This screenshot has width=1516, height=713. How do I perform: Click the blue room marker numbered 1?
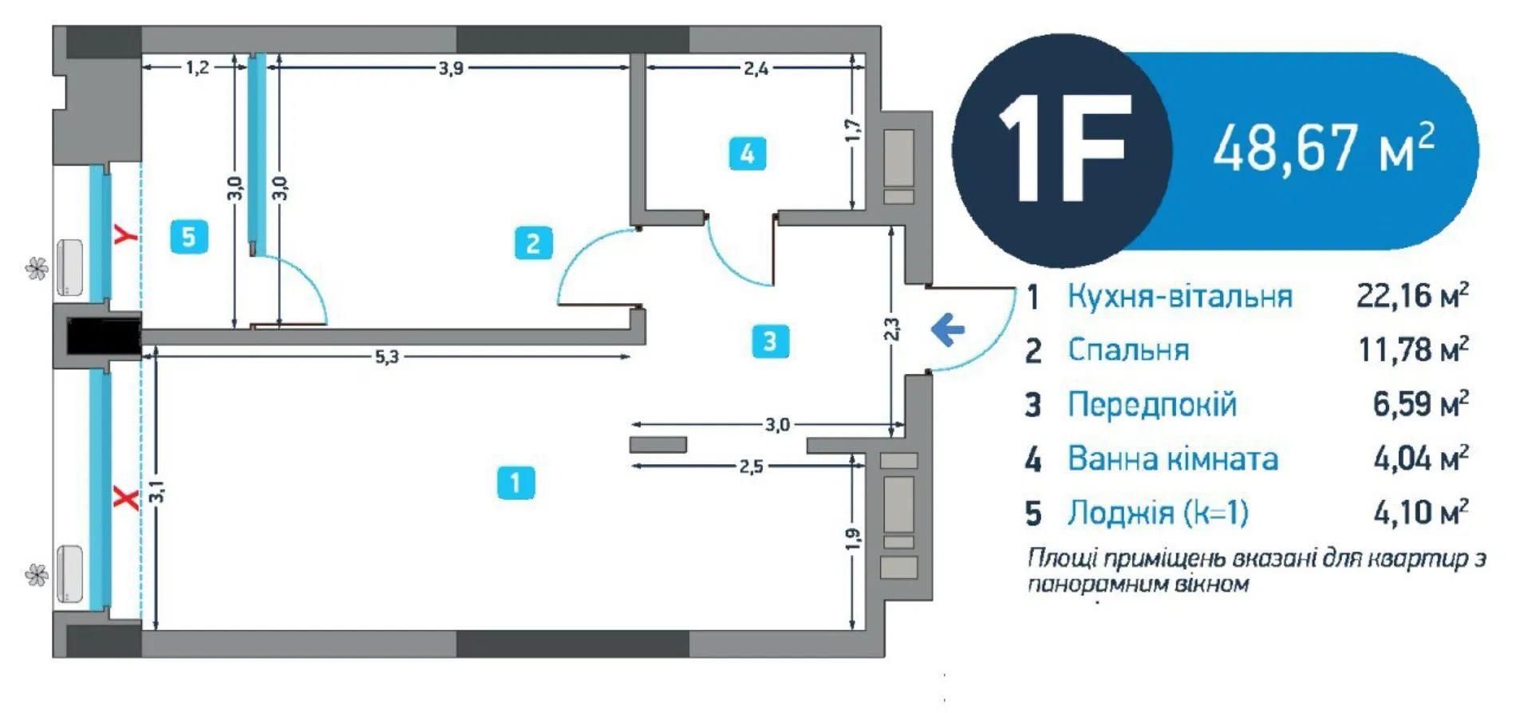515,483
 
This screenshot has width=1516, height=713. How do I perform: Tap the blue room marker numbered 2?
533,242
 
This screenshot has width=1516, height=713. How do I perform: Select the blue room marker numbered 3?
770,341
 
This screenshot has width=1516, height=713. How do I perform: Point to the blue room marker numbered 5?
189,237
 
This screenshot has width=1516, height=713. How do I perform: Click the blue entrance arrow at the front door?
948,329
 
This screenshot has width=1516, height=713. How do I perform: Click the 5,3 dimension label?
386,356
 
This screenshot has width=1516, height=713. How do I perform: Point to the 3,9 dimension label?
450,68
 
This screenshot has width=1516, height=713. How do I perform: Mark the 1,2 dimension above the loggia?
197,68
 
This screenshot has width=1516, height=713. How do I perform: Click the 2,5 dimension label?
750,466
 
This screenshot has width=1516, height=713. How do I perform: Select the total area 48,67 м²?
1324,149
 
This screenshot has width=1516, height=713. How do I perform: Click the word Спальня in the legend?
1128,350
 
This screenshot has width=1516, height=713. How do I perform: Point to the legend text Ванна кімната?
1173,459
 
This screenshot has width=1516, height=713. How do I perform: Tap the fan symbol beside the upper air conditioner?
37,270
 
